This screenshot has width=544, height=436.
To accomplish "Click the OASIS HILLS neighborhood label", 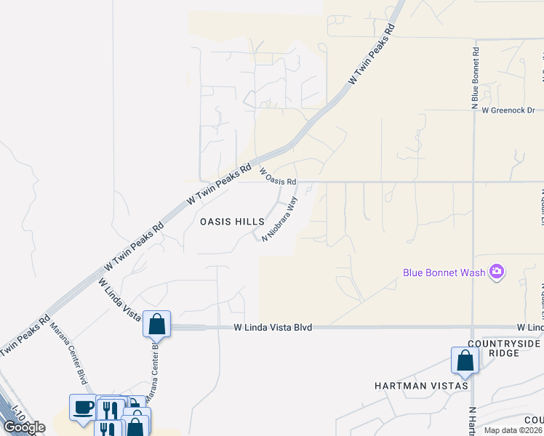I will (232, 222).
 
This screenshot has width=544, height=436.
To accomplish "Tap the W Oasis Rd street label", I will (279, 177).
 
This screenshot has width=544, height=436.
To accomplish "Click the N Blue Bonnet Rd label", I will (475, 78).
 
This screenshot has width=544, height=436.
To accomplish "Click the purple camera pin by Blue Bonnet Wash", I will (497, 272).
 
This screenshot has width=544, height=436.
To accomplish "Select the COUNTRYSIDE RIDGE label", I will (505, 348).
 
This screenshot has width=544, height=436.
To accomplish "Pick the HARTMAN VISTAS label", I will (421, 385).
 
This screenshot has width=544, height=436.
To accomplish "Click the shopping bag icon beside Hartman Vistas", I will (465, 360).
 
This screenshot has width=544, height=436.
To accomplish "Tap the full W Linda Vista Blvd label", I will (273, 328).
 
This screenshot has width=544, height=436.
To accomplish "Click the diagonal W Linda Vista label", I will (119, 299).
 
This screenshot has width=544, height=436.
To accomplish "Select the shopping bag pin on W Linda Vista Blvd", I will (156, 323).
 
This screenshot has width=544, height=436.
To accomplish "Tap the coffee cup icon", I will (83, 406).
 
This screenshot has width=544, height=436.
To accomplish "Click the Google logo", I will (24, 427).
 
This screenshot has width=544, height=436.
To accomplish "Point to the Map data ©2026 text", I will (513, 430).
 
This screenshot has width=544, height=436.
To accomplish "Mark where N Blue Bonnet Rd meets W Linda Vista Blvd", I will (473, 327).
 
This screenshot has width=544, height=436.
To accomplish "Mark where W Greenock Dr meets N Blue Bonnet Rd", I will (473, 110).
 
